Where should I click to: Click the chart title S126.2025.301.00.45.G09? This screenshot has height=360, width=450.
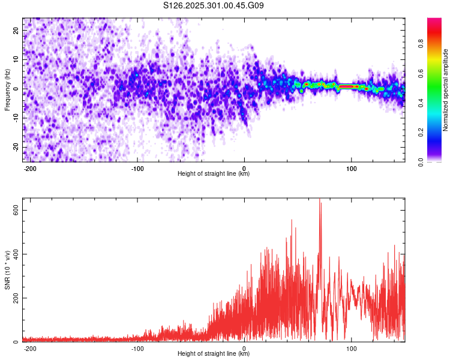click(x=214, y=5)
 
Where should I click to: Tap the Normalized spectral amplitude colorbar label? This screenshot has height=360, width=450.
click(x=446, y=91)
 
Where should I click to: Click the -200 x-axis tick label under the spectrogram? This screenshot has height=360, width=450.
click(x=30, y=167)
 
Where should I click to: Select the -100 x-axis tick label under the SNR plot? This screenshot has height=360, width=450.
click(x=137, y=348)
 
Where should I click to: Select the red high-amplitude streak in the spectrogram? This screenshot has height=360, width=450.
click(x=349, y=87)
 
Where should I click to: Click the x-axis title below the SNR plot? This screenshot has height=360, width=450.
click(x=214, y=354)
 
